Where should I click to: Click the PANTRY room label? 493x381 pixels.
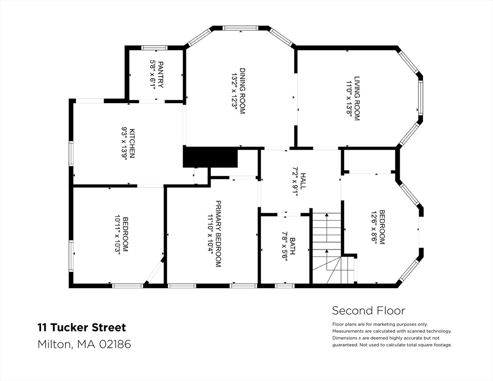click(x=160, y=74)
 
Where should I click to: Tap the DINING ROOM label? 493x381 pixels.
click(x=243, y=91)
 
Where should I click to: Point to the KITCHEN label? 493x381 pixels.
click(x=132, y=143)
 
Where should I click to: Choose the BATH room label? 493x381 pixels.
click(x=293, y=246)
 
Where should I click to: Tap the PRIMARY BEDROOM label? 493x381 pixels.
click(x=218, y=234)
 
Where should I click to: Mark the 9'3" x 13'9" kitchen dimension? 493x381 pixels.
click(x=124, y=143)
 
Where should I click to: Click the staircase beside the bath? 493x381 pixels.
click(x=327, y=248)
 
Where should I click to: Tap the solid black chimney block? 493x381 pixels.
click(x=210, y=157)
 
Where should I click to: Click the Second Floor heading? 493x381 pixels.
click(x=368, y=311)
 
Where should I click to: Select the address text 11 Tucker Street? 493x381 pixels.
click(x=82, y=327)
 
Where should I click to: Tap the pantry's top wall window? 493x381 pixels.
click(x=154, y=48)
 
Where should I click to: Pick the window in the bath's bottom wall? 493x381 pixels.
click(x=284, y=286)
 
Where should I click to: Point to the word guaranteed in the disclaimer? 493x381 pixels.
click(x=344, y=345)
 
